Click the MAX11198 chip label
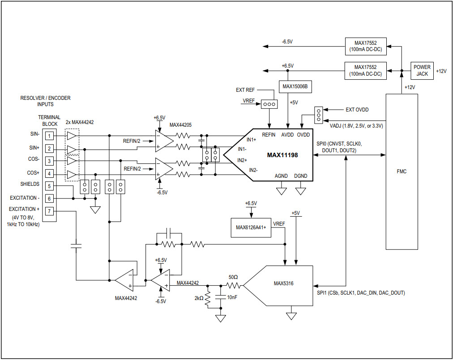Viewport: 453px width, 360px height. tap(282, 155)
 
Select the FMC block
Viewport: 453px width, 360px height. tap(402, 171)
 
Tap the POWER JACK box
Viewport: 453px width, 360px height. tap(422, 70)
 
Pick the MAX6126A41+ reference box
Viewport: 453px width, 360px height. tap(251, 227)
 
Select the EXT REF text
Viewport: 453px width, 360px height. tap(245, 90)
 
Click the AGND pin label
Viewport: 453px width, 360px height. tap(282, 176)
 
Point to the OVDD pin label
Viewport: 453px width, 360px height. tap(303, 135)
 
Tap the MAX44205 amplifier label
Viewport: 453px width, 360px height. tap(180, 125)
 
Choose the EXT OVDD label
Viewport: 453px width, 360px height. tap(357, 109)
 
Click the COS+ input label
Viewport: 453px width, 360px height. tap(33, 173)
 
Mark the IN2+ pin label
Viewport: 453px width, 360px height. tap(243, 160)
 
